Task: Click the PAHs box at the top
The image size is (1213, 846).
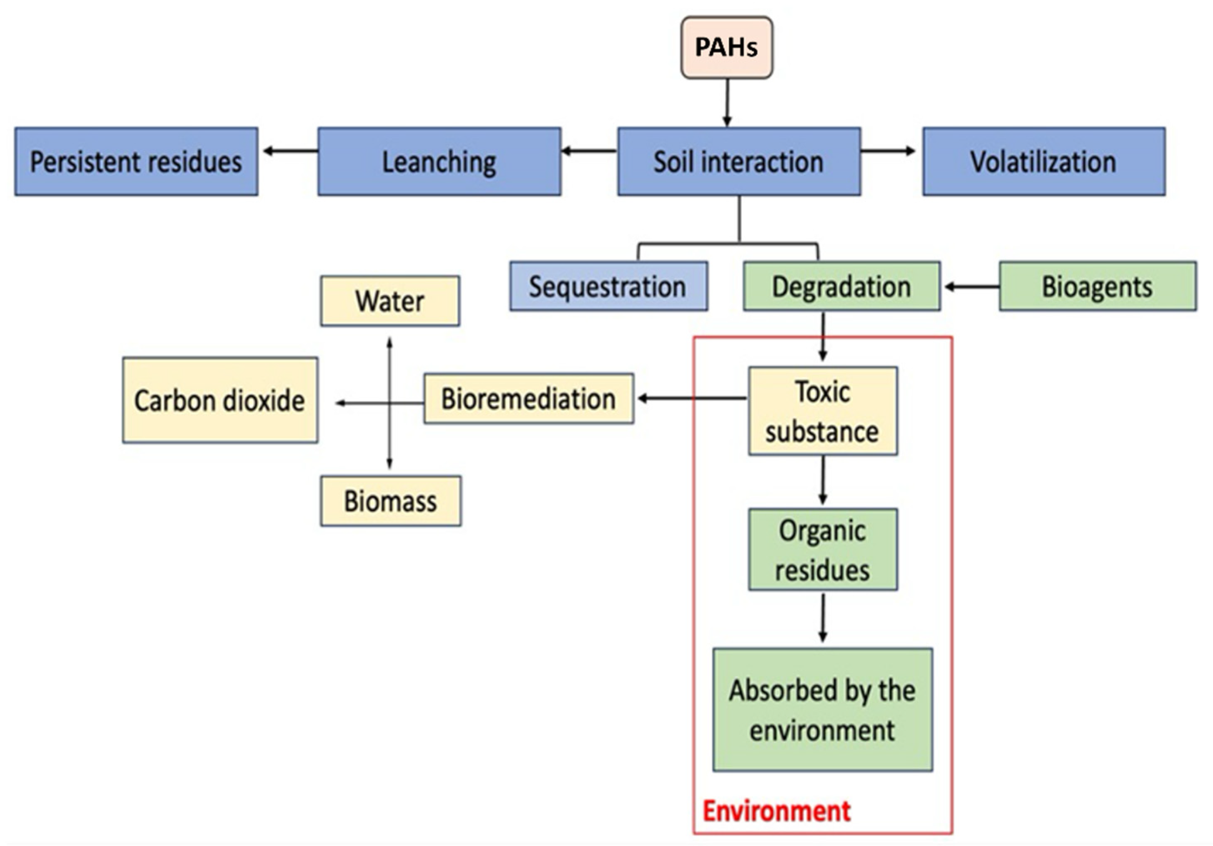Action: (x=726, y=48)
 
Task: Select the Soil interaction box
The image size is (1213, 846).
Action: (x=738, y=162)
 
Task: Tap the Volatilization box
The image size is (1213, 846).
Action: (x=1043, y=162)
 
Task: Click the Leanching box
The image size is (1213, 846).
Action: (x=439, y=162)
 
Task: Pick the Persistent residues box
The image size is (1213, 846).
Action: (x=136, y=162)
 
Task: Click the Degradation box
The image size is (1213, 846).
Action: (x=841, y=286)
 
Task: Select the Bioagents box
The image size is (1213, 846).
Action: (x=1097, y=286)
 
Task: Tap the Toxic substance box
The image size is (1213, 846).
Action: (x=823, y=411)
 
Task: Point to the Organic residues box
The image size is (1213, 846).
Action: (x=823, y=550)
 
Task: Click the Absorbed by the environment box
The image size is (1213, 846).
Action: (x=823, y=710)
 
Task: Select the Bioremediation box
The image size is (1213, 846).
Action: (x=528, y=399)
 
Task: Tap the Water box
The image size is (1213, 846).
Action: (x=390, y=301)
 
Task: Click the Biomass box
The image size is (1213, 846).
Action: (x=390, y=501)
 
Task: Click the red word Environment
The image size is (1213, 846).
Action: (x=776, y=811)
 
